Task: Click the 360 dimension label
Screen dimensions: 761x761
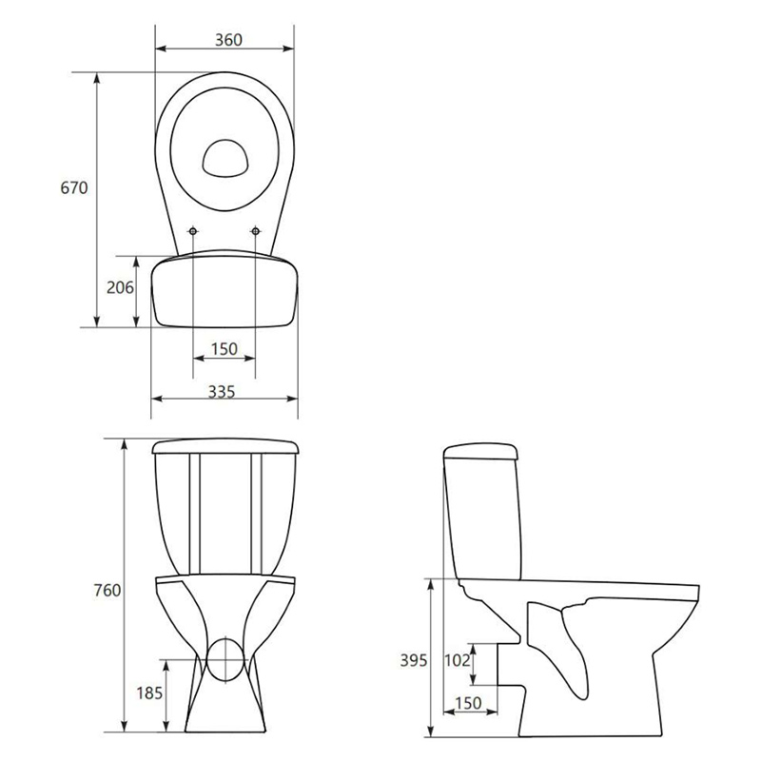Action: pos(228,40)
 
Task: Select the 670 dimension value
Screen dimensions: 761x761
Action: pos(74,187)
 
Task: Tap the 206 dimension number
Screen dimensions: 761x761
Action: pos(120,288)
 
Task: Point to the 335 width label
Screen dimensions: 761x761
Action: pos(222,391)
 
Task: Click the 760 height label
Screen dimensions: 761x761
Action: pos(107,591)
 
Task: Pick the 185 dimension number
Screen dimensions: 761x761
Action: pos(149,693)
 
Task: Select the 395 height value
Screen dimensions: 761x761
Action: pos(414,660)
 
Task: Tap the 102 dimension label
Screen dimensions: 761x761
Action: pos(458,660)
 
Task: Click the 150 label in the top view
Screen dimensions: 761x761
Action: pos(224,348)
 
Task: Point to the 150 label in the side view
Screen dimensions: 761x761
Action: pos(468,703)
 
